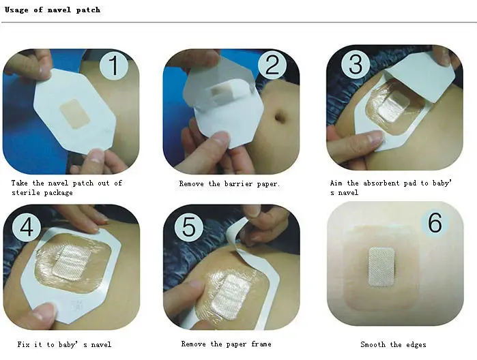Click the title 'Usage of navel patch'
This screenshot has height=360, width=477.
(x=52, y=10)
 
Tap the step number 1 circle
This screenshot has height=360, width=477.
(x=115, y=67)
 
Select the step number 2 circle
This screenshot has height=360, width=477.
(x=272, y=65)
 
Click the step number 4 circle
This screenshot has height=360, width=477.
(x=26, y=227)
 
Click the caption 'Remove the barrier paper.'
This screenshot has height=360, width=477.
(x=229, y=183)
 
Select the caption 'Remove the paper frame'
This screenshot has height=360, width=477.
(x=226, y=344)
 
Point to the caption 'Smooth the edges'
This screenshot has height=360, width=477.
(x=393, y=344)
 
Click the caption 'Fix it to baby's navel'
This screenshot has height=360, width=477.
(x=64, y=344)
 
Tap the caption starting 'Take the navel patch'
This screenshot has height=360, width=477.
(x=66, y=187)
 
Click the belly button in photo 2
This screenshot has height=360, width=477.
(x=280, y=117)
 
